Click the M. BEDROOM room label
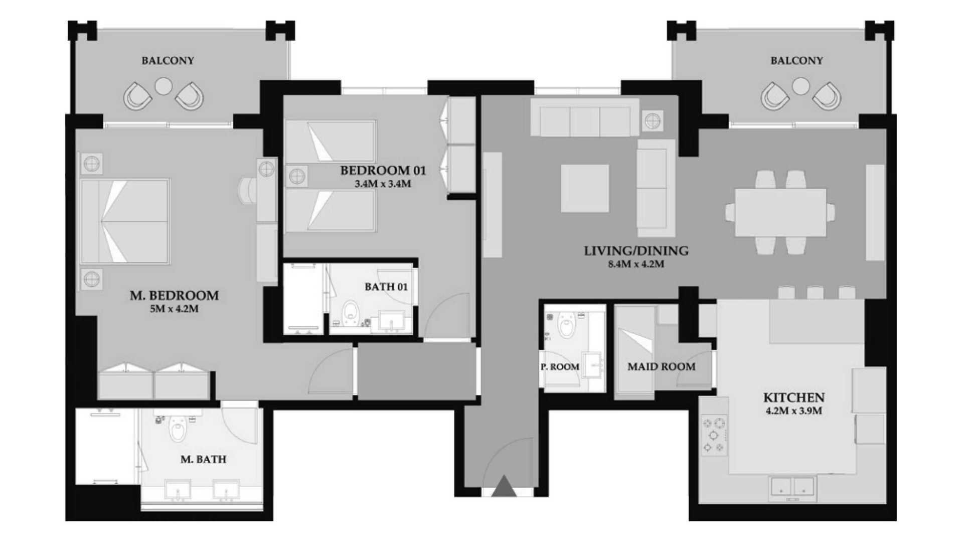(x=174, y=296)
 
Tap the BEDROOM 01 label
(x=383, y=171)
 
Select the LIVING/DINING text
(x=636, y=251)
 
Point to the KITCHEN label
(x=793, y=398)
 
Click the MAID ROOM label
(x=661, y=367)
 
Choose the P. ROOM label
(x=560, y=367)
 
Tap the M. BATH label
(x=203, y=459)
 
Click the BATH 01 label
(x=386, y=287)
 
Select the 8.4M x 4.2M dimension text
(x=636, y=264)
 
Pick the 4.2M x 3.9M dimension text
(x=793, y=411)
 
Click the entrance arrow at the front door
(x=504, y=486)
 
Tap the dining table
(x=780, y=212)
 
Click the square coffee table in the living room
(x=585, y=188)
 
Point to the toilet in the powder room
(x=567, y=325)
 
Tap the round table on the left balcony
(x=164, y=86)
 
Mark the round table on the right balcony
(x=800, y=86)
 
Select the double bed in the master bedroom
(x=125, y=221)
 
